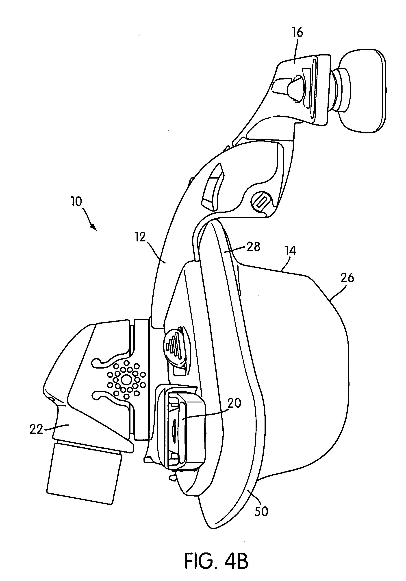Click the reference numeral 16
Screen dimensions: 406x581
click(298, 33)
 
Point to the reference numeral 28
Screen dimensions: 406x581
click(253, 246)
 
